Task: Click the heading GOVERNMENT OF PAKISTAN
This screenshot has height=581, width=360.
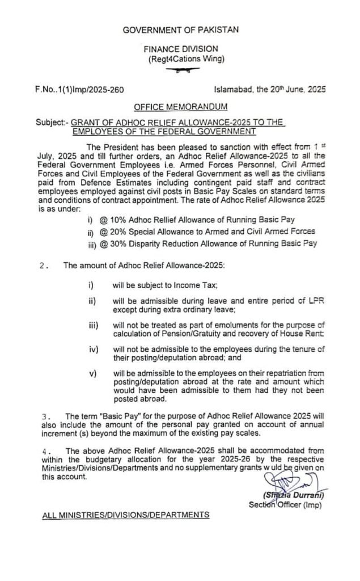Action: click(x=181, y=30)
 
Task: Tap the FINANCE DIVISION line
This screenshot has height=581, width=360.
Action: click(x=180, y=50)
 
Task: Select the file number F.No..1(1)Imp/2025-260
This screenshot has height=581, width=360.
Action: click(x=79, y=90)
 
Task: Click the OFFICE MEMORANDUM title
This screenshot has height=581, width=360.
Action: click(x=181, y=107)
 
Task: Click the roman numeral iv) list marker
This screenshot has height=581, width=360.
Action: click(x=94, y=348)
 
